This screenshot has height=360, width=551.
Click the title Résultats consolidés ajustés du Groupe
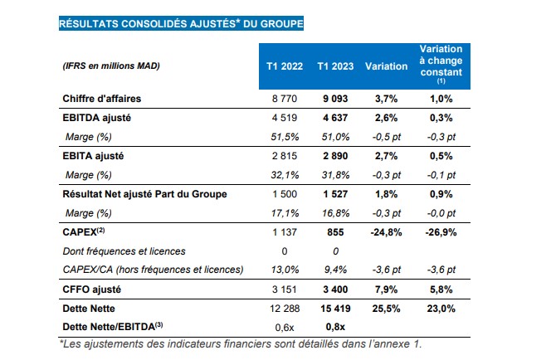coord(181,24)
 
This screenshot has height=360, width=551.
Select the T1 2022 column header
coord(284,66)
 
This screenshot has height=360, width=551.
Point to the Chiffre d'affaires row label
coord(107,99)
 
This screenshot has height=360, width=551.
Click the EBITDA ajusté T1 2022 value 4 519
coord(284,119)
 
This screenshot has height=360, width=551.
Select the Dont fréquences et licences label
coord(125,250)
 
